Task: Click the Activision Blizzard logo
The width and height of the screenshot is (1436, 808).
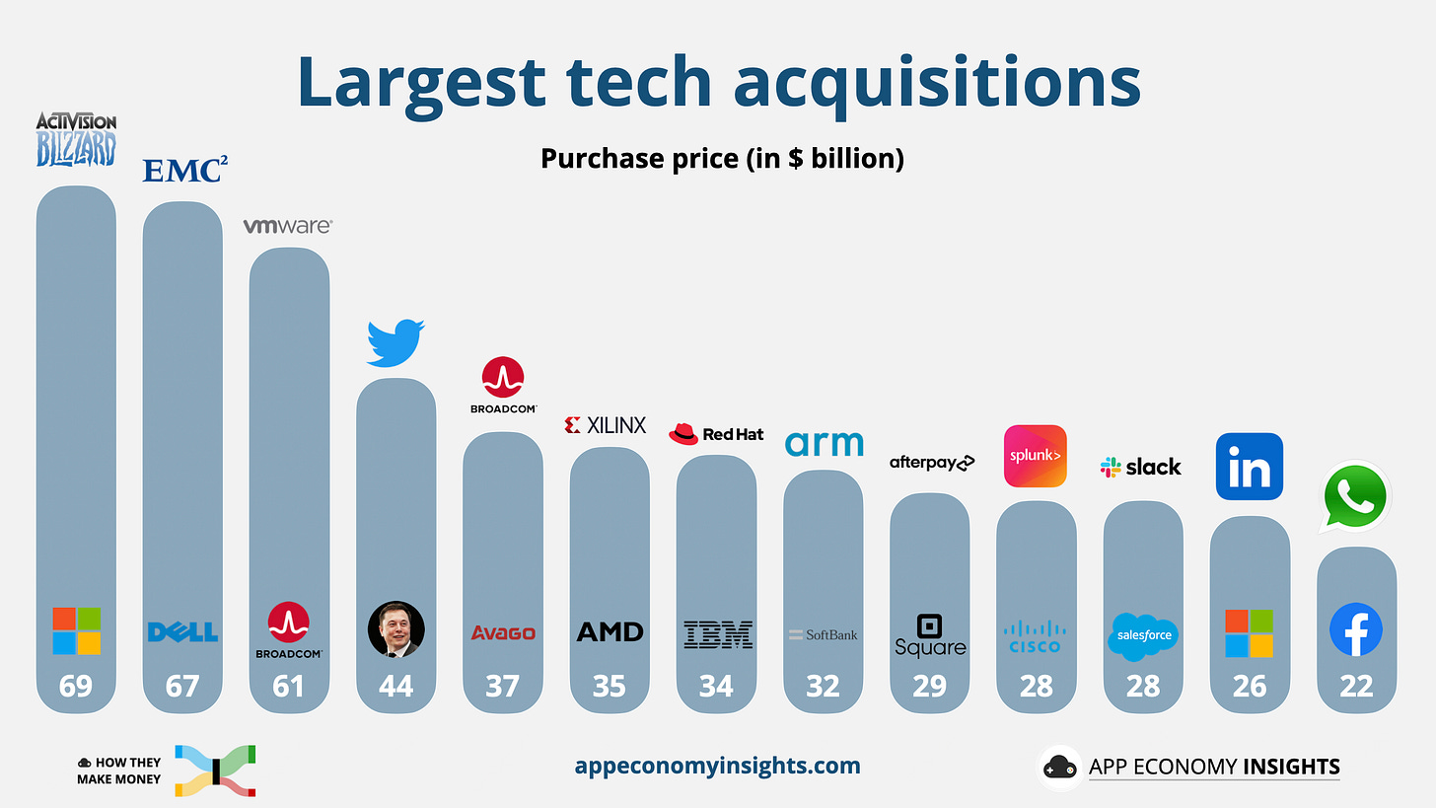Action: [76, 139]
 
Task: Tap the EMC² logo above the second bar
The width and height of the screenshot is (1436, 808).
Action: [184, 170]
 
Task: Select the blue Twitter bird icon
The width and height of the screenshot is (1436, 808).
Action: [395, 342]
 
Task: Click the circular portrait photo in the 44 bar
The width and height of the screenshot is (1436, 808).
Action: [395, 630]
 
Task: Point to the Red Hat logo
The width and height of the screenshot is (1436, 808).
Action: [716, 434]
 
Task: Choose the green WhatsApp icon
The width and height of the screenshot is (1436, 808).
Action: [1356, 496]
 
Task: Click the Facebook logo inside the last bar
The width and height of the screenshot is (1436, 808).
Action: [1356, 630]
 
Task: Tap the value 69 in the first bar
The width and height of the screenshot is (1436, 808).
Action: [76, 686]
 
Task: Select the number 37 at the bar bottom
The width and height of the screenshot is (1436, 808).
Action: [502, 686]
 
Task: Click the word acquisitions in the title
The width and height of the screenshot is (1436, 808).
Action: [930, 83]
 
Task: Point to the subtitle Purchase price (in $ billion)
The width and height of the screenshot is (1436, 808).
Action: [722, 158]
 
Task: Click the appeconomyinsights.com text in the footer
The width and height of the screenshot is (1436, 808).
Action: [717, 766]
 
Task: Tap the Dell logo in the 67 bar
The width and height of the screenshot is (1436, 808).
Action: [182, 631]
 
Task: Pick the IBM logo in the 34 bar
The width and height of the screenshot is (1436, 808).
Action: [716, 634]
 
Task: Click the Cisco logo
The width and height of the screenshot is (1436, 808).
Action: [1035, 636]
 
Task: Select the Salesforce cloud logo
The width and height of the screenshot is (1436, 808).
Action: [1142, 636]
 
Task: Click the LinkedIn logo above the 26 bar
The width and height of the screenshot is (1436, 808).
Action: [1249, 467]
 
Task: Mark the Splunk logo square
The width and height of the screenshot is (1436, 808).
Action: [1035, 456]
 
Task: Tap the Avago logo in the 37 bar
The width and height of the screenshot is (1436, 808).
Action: [502, 632]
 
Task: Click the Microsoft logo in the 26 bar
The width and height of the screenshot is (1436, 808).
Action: [1249, 632]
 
